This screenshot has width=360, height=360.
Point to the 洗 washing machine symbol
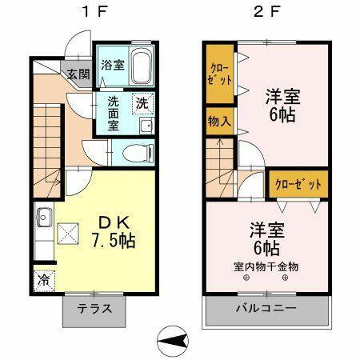click(142, 102)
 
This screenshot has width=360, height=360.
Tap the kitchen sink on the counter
click(43, 216)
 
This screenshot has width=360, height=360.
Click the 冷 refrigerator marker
click(43, 281)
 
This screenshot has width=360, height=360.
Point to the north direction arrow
click(170, 342)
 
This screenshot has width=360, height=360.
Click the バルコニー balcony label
click(266, 309)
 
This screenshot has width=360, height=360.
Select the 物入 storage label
click(220, 122)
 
